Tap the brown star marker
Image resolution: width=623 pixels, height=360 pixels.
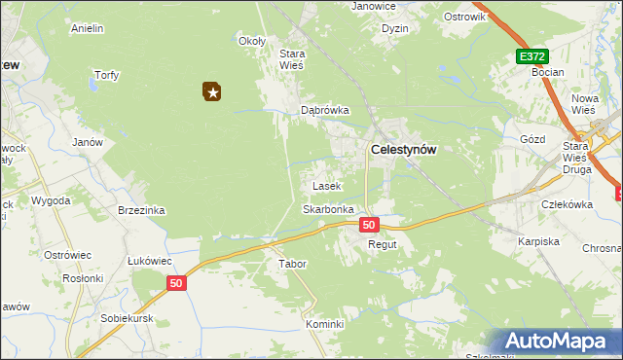tap(212, 91)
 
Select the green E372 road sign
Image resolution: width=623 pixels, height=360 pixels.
tap(532, 57)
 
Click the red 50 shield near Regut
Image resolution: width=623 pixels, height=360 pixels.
tap(368, 225)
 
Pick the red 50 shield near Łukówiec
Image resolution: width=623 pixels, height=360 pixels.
tap(175, 283)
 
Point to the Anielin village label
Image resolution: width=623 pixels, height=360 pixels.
tap(88, 28)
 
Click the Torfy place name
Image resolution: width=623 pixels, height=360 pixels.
tap(105, 75)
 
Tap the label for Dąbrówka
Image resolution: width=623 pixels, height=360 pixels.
tap(324, 111)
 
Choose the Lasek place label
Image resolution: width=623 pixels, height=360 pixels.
tap(325, 185)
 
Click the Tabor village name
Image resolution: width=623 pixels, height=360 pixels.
tap(293, 264)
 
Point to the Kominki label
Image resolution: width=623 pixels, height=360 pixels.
tap(325, 324)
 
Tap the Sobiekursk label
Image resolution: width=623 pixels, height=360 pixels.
tap(129, 318)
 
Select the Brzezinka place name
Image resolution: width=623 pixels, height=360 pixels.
tap(141, 210)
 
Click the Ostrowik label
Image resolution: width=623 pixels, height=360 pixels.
tap(464, 18)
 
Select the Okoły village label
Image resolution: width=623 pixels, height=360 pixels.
tap(252, 41)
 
